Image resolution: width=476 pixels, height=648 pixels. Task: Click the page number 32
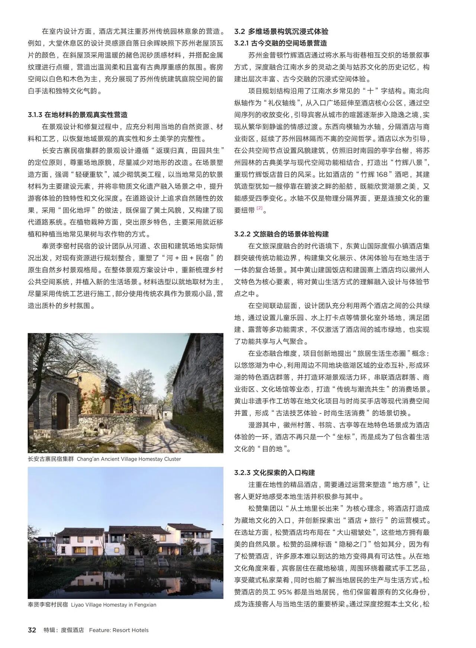pos(32,630)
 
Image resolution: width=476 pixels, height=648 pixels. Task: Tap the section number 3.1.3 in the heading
pos(35,115)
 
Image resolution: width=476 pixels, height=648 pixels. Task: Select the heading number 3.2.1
pos(241,43)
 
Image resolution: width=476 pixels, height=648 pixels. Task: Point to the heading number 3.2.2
pos(241,234)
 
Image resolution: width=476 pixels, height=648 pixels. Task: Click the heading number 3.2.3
pos(241,473)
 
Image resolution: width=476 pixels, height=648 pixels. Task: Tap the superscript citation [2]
pos(260,208)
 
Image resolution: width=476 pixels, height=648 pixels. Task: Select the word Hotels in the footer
pos(139,630)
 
